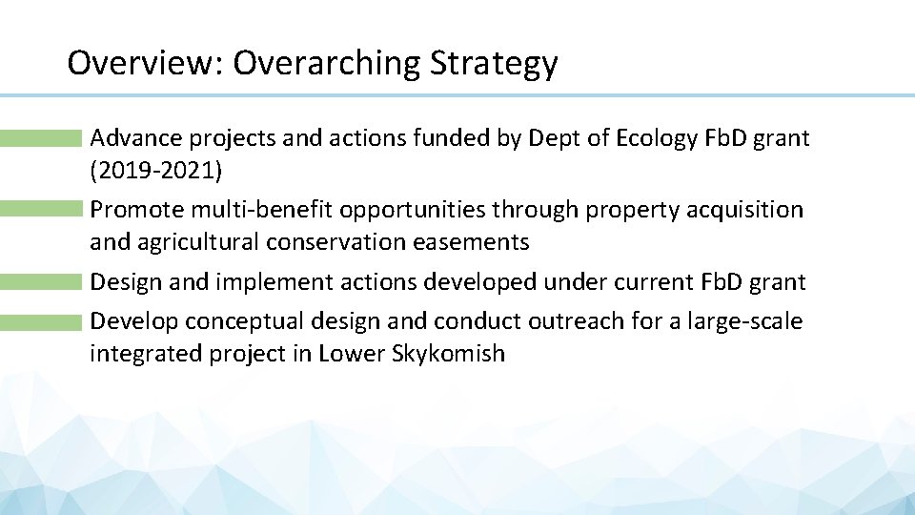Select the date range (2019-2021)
155,171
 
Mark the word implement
268,282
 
